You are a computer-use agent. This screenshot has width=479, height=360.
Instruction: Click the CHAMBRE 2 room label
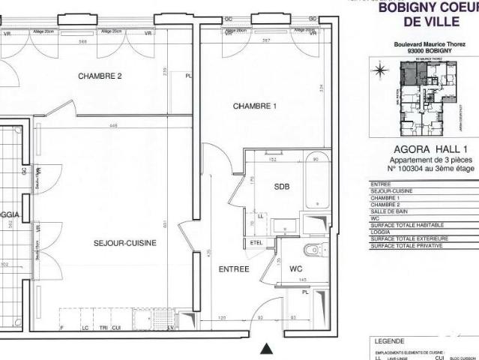100,76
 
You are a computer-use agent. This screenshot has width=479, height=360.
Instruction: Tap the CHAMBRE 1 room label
255,106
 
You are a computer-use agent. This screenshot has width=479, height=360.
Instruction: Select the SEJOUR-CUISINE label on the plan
124,243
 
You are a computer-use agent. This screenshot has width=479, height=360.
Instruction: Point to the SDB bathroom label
281,186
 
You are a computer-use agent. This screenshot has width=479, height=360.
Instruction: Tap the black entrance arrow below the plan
265,349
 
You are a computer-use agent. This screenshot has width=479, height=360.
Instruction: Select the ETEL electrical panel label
256,242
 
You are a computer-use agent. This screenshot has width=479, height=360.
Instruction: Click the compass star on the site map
380,71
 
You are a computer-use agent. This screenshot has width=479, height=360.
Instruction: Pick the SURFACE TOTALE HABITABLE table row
408,225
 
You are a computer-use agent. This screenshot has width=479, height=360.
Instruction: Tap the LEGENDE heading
388,340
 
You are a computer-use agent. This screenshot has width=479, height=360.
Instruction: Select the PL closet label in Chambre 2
188,76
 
